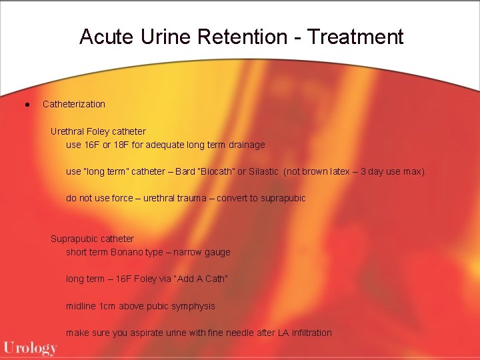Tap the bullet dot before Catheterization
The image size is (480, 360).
(25, 105)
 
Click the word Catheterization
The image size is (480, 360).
(73, 104)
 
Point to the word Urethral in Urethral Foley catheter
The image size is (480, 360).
(68, 131)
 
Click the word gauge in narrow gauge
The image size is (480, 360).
(217, 252)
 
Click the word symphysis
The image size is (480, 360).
(193, 306)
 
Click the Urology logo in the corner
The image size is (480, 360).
(30, 347)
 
